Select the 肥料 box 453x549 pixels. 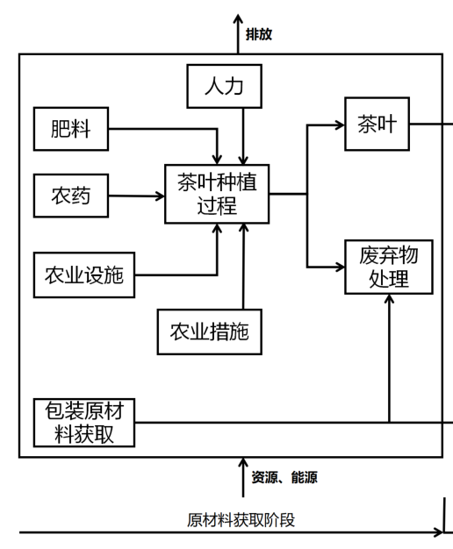(70, 129)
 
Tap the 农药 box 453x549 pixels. (70, 196)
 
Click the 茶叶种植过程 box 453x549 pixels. (217, 195)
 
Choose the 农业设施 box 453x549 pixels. (84, 275)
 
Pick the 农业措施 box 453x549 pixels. (209, 331)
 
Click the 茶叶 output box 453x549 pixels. (377, 125)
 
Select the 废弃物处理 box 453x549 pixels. (388, 267)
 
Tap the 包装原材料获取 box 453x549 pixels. (84, 423)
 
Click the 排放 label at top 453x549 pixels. (259, 34)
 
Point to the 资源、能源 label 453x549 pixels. (284, 478)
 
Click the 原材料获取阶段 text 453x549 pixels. (241, 519)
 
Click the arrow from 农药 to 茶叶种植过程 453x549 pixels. (140, 196)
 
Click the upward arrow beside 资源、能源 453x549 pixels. (244, 478)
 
